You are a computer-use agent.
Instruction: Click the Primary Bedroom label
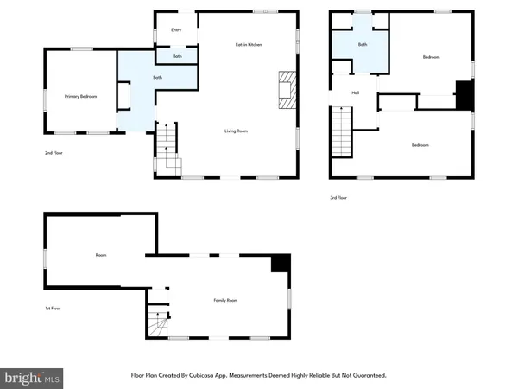tap(79, 96)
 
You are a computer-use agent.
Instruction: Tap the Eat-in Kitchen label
tap(249, 44)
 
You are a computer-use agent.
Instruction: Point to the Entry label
tap(176, 30)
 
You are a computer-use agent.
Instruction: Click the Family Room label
tap(225, 300)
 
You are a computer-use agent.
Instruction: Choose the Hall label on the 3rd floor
tap(355, 93)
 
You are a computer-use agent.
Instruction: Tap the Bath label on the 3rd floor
tap(363, 43)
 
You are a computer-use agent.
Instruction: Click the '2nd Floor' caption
tap(55, 153)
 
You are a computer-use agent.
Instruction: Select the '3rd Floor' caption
tap(338, 198)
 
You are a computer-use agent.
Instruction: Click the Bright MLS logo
tap(33, 377)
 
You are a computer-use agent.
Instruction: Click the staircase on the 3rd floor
tap(344, 131)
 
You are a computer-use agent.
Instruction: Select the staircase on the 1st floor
tap(157, 327)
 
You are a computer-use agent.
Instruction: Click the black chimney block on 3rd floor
tap(464, 95)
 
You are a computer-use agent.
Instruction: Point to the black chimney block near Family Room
tap(280, 264)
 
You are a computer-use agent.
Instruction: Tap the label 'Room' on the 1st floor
tap(100, 256)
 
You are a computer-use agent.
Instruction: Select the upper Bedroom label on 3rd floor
tap(432, 57)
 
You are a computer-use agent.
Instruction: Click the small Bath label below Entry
tap(176, 57)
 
